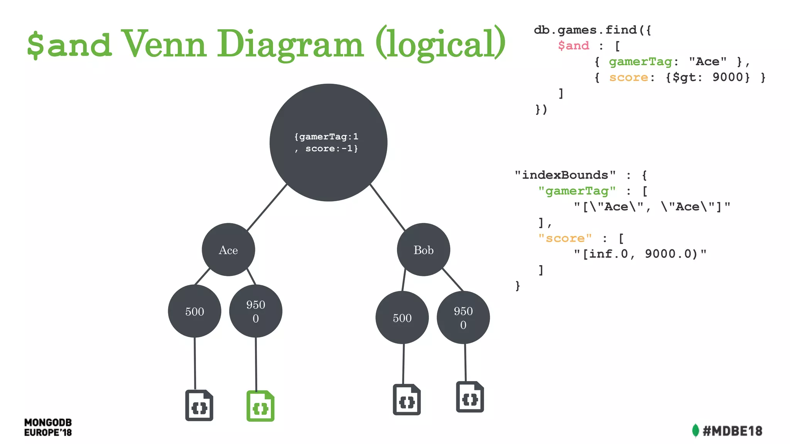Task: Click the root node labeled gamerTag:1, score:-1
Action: (328, 143)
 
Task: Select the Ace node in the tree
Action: (228, 250)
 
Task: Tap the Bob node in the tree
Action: (424, 250)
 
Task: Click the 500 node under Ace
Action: (194, 311)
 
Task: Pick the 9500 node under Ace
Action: (256, 311)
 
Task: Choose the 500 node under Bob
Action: (402, 318)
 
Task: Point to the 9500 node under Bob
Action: (463, 318)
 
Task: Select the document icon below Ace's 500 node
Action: (199, 405)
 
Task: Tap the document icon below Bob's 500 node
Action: (407, 400)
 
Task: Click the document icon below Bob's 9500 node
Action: (470, 397)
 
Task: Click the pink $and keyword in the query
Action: (574, 46)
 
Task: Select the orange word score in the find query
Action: (628, 77)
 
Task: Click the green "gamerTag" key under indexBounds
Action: (577, 191)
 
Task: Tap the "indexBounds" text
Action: (565, 175)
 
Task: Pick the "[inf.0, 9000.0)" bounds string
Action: (640, 254)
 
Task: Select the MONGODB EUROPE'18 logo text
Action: (48, 427)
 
